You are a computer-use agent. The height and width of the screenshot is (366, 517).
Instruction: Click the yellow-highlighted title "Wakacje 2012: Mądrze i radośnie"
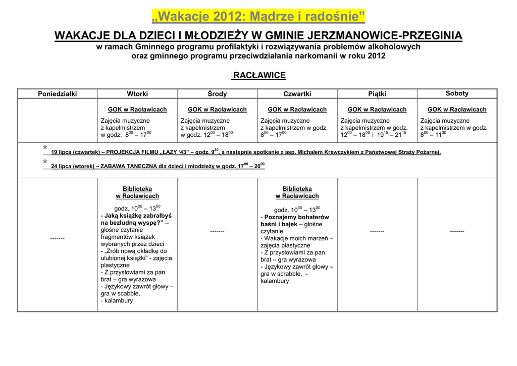258,17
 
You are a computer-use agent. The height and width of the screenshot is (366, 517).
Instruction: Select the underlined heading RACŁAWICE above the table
258,76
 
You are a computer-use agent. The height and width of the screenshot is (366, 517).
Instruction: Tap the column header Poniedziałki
58,94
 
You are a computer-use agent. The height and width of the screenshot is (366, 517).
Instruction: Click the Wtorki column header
137,94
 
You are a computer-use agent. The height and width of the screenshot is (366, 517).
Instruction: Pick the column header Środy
217,94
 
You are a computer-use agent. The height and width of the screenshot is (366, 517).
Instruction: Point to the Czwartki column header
297,94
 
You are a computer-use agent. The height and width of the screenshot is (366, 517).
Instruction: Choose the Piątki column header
377,94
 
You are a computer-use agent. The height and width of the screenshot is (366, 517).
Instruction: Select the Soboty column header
457,93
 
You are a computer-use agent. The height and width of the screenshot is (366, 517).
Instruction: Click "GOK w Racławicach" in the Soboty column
457,110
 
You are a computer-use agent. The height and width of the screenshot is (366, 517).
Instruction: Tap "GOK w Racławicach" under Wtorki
137,110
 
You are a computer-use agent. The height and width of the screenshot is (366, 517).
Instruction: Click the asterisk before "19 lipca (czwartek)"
45,148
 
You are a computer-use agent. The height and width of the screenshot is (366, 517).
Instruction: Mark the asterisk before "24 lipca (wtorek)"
45,162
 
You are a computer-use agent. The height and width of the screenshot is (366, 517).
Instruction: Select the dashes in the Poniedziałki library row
58,238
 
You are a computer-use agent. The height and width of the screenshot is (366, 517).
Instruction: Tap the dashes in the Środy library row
217,231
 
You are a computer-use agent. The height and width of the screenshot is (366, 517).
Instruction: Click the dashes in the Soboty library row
457,231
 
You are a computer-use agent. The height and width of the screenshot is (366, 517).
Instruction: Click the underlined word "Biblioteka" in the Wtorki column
137,189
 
